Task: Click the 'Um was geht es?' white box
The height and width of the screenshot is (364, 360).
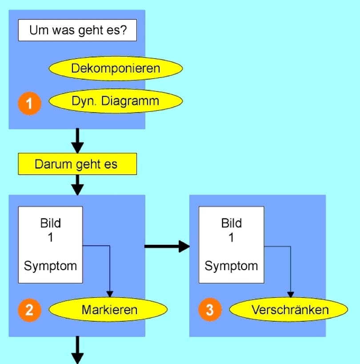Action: (x=77, y=31)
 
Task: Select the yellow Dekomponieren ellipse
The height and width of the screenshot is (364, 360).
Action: (x=116, y=69)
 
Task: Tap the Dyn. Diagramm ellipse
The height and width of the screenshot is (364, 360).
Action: (x=116, y=101)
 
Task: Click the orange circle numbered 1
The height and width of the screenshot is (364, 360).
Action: (x=30, y=104)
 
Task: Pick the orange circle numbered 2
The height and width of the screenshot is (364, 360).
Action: (x=30, y=310)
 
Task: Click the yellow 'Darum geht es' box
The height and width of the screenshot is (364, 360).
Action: (x=77, y=164)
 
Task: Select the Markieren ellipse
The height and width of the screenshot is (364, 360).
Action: (x=109, y=310)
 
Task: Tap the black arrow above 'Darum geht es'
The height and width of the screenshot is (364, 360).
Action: (x=77, y=141)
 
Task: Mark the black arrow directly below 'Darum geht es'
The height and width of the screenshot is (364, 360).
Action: (x=77, y=185)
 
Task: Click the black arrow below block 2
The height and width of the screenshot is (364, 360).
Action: (x=77, y=351)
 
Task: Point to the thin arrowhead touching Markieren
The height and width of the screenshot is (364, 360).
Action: (x=109, y=295)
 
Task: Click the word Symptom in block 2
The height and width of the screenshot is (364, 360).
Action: (x=50, y=266)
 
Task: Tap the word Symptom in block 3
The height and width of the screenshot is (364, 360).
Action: (x=231, y=266)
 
